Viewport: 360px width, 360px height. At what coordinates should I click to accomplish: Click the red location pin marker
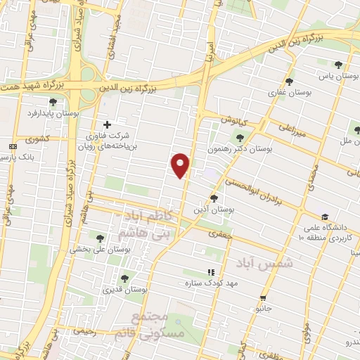coord(181,165)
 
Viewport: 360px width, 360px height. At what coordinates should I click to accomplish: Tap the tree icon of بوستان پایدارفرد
coord(53,102)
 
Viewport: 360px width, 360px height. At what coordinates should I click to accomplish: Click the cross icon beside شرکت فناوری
coord(107,124)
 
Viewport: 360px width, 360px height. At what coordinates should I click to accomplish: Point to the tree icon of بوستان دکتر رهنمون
coord(241,138)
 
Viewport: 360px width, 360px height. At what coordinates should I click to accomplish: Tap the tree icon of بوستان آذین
coord(214,198)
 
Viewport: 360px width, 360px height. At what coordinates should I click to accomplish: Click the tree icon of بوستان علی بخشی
coord(98,238)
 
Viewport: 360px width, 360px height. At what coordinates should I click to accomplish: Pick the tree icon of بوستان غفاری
coord(289,82)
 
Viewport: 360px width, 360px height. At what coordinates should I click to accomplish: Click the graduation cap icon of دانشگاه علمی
coord(324,217)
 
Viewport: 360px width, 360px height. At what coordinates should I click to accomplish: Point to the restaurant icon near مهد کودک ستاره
coord(210,271)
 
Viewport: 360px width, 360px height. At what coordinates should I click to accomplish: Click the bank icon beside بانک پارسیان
coord(12,146)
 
